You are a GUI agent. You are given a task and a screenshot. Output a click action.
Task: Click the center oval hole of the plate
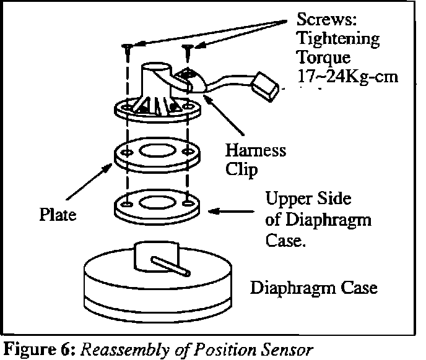(157, 150)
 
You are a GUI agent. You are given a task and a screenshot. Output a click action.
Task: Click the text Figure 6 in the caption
(28, 348)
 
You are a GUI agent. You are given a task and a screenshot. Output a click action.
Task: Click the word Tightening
(337, 38)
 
